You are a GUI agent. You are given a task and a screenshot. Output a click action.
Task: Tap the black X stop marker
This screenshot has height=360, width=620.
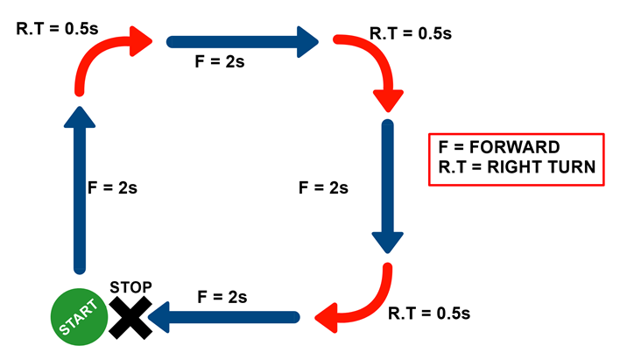pos(130,317)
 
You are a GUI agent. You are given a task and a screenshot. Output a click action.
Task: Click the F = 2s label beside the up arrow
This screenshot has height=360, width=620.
pos(113,187)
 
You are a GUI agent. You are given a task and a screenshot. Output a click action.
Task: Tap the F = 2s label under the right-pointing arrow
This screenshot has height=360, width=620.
pos(219,63)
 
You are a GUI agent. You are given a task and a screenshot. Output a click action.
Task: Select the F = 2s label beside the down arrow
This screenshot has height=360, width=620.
pos(324,187)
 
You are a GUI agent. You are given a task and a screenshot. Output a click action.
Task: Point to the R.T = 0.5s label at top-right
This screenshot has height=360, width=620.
pos(410,33)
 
